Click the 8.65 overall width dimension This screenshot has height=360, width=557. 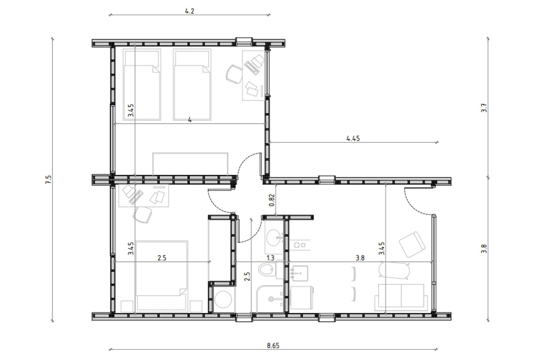tap(273, 345)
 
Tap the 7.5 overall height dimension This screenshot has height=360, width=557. tap(48, 180)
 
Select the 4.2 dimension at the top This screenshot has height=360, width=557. tap(189, 11)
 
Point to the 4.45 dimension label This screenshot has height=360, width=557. tap(353, 138)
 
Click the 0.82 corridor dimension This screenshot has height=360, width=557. tap(272, 200)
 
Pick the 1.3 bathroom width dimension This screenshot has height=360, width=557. tap(270, 258)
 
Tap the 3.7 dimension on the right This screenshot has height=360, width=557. tap(484, 108)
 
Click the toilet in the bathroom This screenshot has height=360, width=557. tap(268, 269)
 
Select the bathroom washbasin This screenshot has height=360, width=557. tap(274, 237)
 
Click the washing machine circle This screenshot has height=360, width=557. tap(223, 299)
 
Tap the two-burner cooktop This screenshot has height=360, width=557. tap(299, 245)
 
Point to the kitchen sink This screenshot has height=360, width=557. tap(300, 274)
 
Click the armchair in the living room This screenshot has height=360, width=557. tap(412, 245)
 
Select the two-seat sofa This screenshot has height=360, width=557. tap(401, 297)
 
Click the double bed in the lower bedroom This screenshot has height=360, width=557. tap(161, 276)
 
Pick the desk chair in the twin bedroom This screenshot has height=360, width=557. tap(234, 74)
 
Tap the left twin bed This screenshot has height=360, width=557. tap(142, 84)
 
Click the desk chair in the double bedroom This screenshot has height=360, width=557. tap(142, 215)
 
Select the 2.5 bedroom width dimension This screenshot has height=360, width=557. tap(161, 258)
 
